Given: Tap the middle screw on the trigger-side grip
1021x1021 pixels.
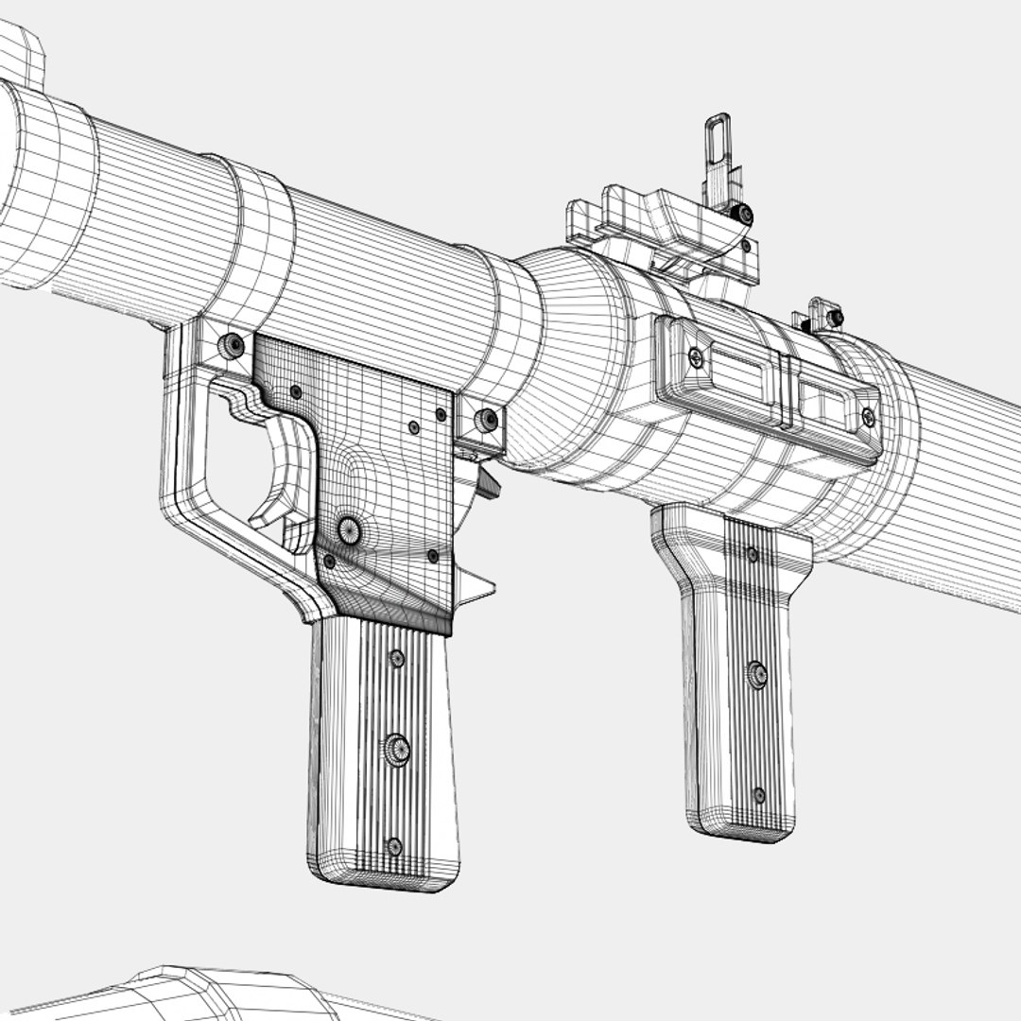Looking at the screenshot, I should click(x=397, y=749).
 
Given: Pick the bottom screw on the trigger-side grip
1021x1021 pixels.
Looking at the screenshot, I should click(x=394, y=846).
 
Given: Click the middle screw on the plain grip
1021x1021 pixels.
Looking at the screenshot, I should click(x=756, y=674).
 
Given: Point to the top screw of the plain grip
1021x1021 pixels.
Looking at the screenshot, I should click(x=753, y=554).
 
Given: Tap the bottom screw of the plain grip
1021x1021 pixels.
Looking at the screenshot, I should click(x=758, y=795).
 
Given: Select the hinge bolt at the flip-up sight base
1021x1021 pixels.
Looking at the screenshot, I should click(x=745, y=215).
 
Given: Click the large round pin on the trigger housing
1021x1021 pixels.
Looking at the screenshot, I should click(x=350, y=529).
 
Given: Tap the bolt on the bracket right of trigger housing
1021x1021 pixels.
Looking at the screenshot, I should click(x=487, y=420).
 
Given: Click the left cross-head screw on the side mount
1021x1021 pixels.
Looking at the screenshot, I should click(x=695, y=357).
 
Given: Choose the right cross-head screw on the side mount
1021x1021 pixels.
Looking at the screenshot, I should click(x=868, y=416).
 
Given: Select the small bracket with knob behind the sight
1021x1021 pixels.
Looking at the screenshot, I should click(x=825, y=316).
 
